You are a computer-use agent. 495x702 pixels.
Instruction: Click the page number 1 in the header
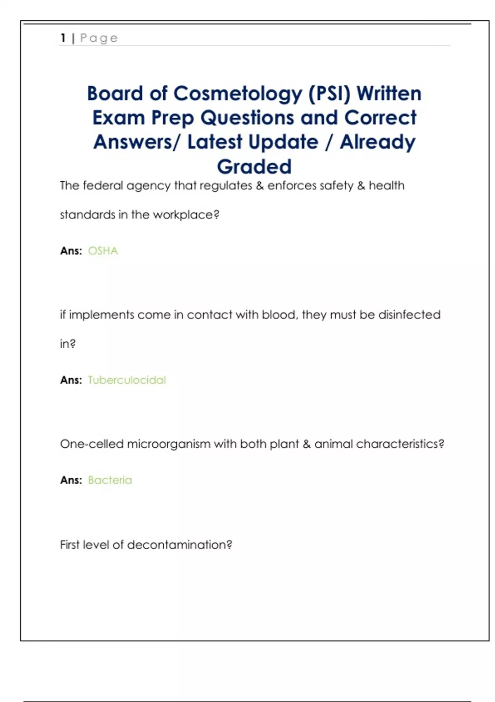(x=63, y=38)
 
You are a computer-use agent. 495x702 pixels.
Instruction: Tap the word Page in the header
(x=99, y=38)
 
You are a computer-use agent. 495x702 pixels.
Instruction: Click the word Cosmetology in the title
(x=238, y=94)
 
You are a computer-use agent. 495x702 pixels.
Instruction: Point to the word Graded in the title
(x=254, y=167)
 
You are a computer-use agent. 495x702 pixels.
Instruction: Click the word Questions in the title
(x=247, y=118)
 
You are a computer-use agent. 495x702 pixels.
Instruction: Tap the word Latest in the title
(x=214, y=142)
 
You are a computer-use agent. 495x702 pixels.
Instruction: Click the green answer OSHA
(x=103, y=251)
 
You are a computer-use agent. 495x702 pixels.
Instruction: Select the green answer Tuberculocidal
(x=127, y=380)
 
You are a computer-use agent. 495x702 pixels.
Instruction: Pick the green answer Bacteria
(x=110, y=480)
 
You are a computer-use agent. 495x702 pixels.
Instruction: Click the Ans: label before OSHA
(x=71, y=251)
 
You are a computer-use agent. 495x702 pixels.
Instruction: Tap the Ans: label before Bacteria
(x=71, y=480)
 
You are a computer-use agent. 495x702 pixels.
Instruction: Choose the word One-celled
(x=92, y=444)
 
